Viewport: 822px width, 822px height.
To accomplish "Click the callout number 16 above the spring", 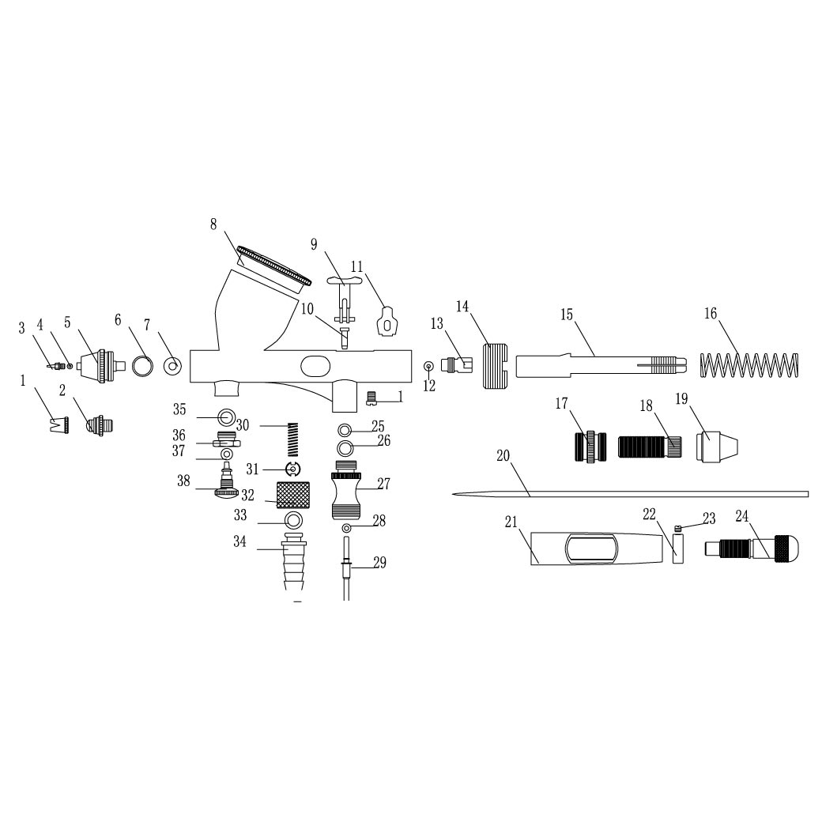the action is point(711,314).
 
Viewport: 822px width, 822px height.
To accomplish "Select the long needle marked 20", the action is point(630,494).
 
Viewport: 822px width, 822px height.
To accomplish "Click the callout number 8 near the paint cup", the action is point(213,224).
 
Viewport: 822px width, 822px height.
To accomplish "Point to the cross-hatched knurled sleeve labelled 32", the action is point(293,495).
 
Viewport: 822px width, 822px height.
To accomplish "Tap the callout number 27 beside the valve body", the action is point(384,484).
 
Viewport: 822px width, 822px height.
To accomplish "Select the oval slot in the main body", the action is point(315,365).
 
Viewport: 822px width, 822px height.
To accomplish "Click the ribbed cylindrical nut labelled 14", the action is point(496,366).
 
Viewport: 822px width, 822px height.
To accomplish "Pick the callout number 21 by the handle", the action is point(511,522).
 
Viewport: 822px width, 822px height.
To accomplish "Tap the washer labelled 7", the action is point(172,366).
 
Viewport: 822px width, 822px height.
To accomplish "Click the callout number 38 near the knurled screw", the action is point(183,481).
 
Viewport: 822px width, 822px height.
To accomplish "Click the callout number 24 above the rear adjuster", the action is point(742,516).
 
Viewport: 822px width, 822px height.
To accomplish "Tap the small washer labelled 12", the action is point(429,365).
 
